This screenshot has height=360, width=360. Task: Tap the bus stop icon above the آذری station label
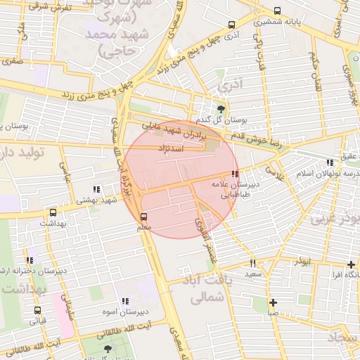[x=232, y=25]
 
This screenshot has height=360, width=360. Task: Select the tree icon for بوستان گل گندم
[x=222, y=108]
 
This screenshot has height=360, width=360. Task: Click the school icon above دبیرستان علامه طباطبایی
[x=234, y=174]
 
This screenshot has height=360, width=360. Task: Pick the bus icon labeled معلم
[x=144, y=217]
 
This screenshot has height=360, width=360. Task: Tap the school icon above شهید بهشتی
[x=96, y=189]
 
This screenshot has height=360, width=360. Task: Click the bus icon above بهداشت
[x=53, y=212]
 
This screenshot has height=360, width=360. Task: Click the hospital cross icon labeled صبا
[x=273, y=303]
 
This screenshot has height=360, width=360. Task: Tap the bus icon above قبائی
[x=37, y=310]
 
